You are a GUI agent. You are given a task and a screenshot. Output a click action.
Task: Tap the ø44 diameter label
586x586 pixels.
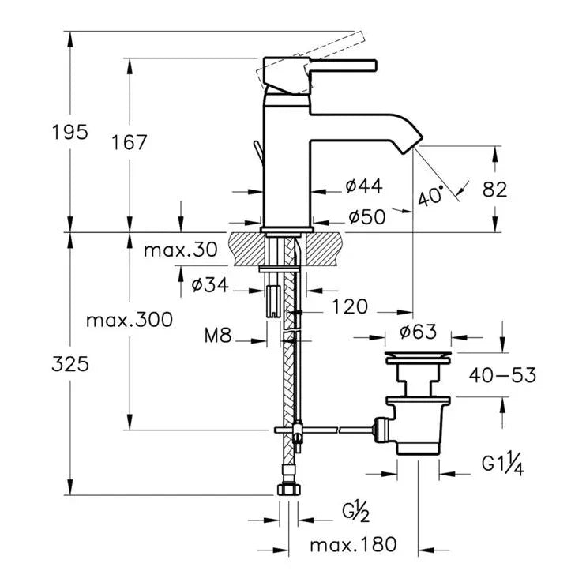pos(364,186)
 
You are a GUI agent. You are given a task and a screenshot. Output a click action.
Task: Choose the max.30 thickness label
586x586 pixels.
pos(180,250)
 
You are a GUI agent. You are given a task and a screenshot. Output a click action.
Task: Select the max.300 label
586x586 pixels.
pos(129,320)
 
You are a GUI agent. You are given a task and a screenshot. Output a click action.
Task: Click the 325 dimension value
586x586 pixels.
pos(69,364)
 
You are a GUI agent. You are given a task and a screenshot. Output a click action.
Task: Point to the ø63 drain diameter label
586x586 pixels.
pos(418,332)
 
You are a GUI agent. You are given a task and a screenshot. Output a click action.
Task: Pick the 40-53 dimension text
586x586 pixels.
pos(502,374)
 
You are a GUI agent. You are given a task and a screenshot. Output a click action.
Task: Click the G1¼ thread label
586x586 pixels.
pos(503,464)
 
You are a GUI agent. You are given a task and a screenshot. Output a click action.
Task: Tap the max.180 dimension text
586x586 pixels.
pos(352,545)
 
